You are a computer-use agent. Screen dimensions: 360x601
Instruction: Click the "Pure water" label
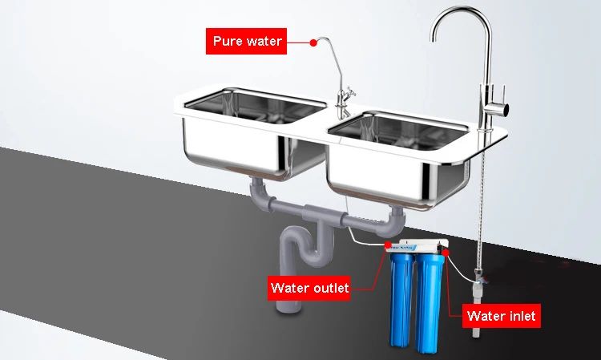point(248,41)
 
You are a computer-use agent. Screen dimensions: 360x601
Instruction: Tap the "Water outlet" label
point(309,288)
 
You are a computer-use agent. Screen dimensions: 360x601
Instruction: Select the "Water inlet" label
point(502,315)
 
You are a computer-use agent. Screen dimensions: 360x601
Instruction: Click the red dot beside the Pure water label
point(313,42)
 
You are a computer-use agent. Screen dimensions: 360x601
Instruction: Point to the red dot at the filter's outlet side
point(389,244)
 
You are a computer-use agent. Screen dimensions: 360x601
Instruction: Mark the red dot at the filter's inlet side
point(446,251)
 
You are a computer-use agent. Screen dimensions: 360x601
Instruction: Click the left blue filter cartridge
point(401,301)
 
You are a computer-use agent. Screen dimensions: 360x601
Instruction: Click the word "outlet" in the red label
point(329,288)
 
